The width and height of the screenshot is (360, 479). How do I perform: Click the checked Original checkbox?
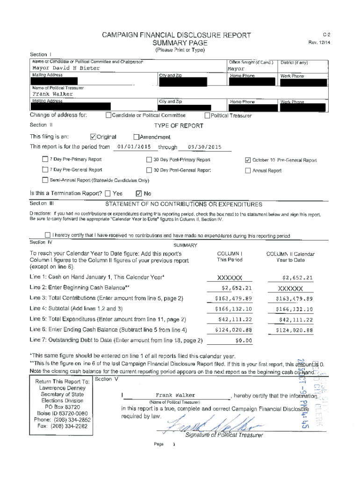[x=93, y=137]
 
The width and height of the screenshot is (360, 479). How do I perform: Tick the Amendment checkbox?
[x=136, y=137]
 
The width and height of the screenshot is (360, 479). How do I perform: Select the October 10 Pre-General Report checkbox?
[x=248, y=160]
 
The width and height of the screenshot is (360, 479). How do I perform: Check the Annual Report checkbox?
[x=248, y=170]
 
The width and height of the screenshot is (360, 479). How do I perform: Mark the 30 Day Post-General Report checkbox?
[x=149, y=170]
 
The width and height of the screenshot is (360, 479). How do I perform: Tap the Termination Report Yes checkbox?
[x=108, y=193]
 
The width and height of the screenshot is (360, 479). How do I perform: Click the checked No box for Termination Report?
[x=138, y=193]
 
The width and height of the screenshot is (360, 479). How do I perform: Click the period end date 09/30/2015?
[x=204, y=147]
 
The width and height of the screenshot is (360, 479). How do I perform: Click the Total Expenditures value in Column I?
[x=235, y=319]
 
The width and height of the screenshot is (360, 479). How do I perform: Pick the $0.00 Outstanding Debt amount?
[x=243, y=340]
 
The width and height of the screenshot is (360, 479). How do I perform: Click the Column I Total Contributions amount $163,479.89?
[x=233, y=298]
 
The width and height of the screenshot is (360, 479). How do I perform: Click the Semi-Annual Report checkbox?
[x=45, y=181]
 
